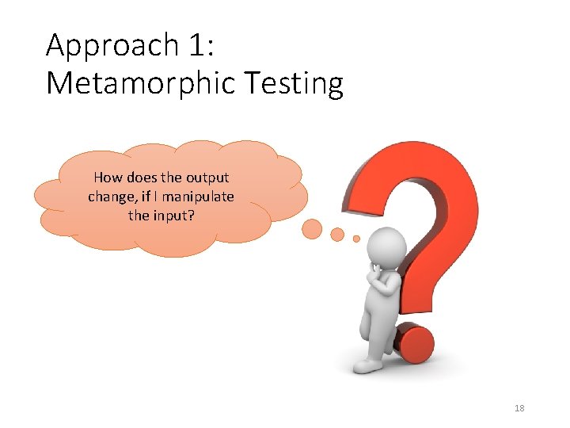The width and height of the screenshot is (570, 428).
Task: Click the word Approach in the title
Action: pos(112,46)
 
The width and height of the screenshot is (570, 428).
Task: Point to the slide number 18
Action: pos(519,408)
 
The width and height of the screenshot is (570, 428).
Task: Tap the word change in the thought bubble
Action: pos(110,197)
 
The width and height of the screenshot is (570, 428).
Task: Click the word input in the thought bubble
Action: pos(172,215)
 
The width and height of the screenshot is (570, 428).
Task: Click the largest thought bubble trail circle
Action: pos(313,229)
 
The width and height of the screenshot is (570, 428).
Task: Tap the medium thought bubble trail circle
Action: pos(337,234)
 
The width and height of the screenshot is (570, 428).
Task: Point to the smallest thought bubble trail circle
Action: pos(356,238)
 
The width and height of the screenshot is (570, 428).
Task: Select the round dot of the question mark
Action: pos(414,343)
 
